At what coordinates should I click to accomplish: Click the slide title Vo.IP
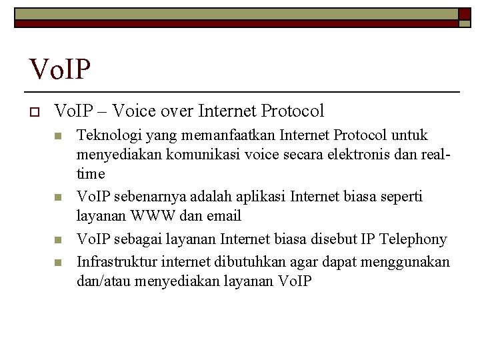click(60, 68)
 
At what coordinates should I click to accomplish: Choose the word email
click(225, 216)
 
